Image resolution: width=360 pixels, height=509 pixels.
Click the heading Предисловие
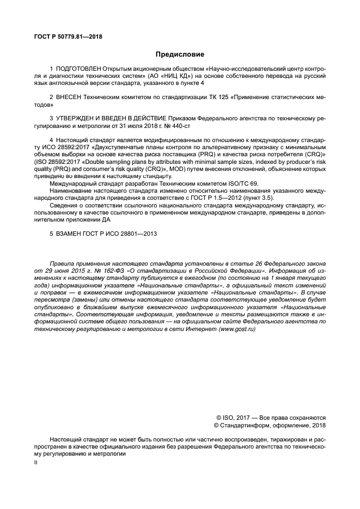(x=180, y=54)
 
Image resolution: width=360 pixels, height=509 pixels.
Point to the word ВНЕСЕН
(x=68, y=96)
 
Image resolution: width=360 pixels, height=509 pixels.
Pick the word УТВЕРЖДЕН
(x=76, y=117)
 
